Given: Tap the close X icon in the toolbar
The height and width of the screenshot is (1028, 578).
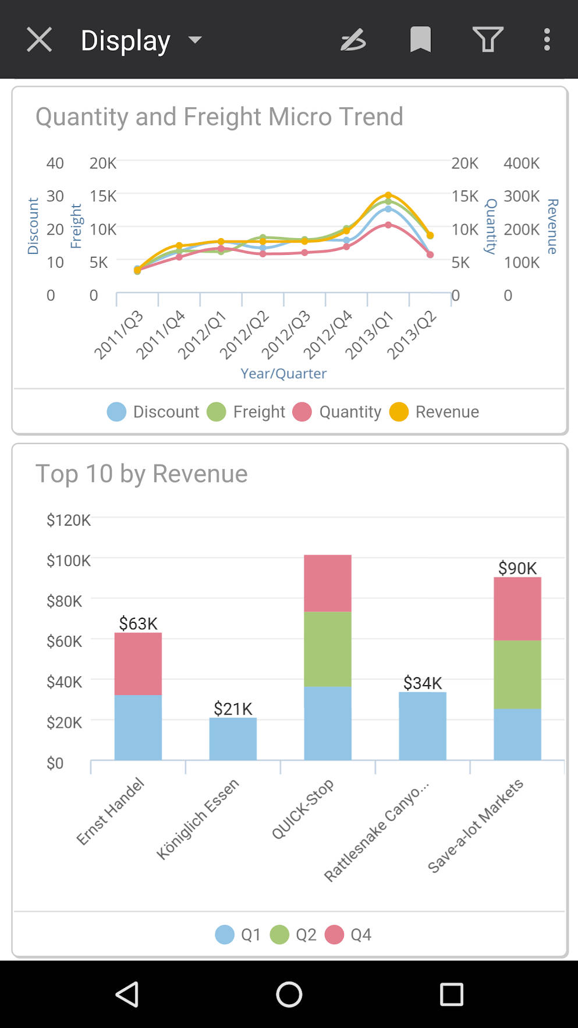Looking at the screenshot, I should [x=40, y=40].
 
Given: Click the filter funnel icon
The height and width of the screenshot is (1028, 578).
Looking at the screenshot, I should [x=487, y=40].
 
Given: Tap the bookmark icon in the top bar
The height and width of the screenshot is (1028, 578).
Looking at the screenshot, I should [x=420, y=40].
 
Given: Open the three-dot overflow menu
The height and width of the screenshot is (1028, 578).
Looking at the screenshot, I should [x=547, y=40].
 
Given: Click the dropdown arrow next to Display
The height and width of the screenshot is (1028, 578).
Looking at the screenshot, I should [x=195, y=40].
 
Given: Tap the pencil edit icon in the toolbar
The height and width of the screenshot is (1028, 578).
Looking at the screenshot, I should [x=353, y=40].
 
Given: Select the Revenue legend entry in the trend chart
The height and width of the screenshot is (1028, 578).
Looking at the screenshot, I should [x=435, y=412].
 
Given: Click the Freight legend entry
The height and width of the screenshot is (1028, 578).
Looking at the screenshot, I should [x=247, y=412].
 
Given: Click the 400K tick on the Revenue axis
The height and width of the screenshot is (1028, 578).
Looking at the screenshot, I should [x=522, y=163].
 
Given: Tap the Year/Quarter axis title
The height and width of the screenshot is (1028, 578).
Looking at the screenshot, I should [x=283, y=373].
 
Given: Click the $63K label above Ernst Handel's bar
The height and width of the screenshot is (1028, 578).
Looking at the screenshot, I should [x=138, y=623].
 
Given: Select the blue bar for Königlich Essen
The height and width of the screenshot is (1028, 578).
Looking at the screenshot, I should [x=233, y=739].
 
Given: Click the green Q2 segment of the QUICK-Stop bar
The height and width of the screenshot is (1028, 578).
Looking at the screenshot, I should [x=328, y=648].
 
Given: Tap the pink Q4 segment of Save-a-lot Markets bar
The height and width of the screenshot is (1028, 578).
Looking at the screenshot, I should [x=517, y=608].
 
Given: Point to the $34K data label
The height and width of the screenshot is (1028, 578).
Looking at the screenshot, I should [x=423, y=683].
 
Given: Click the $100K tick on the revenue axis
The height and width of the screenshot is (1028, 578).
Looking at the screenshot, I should [x=68, y=561].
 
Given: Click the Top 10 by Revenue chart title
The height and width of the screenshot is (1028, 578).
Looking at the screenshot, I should [x=141, y=474].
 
